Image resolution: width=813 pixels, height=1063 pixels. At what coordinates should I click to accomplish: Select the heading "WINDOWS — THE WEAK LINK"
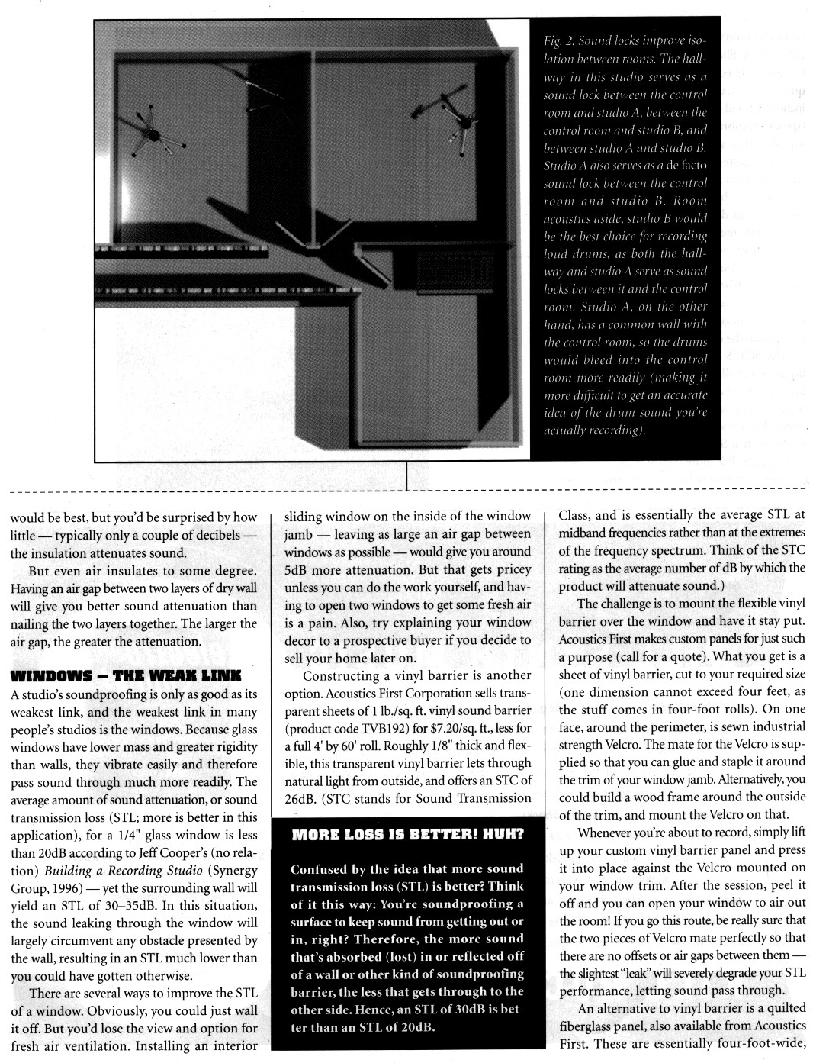tap(125, 675)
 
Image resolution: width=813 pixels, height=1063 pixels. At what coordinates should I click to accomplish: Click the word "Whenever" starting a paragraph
tap(606, 833)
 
